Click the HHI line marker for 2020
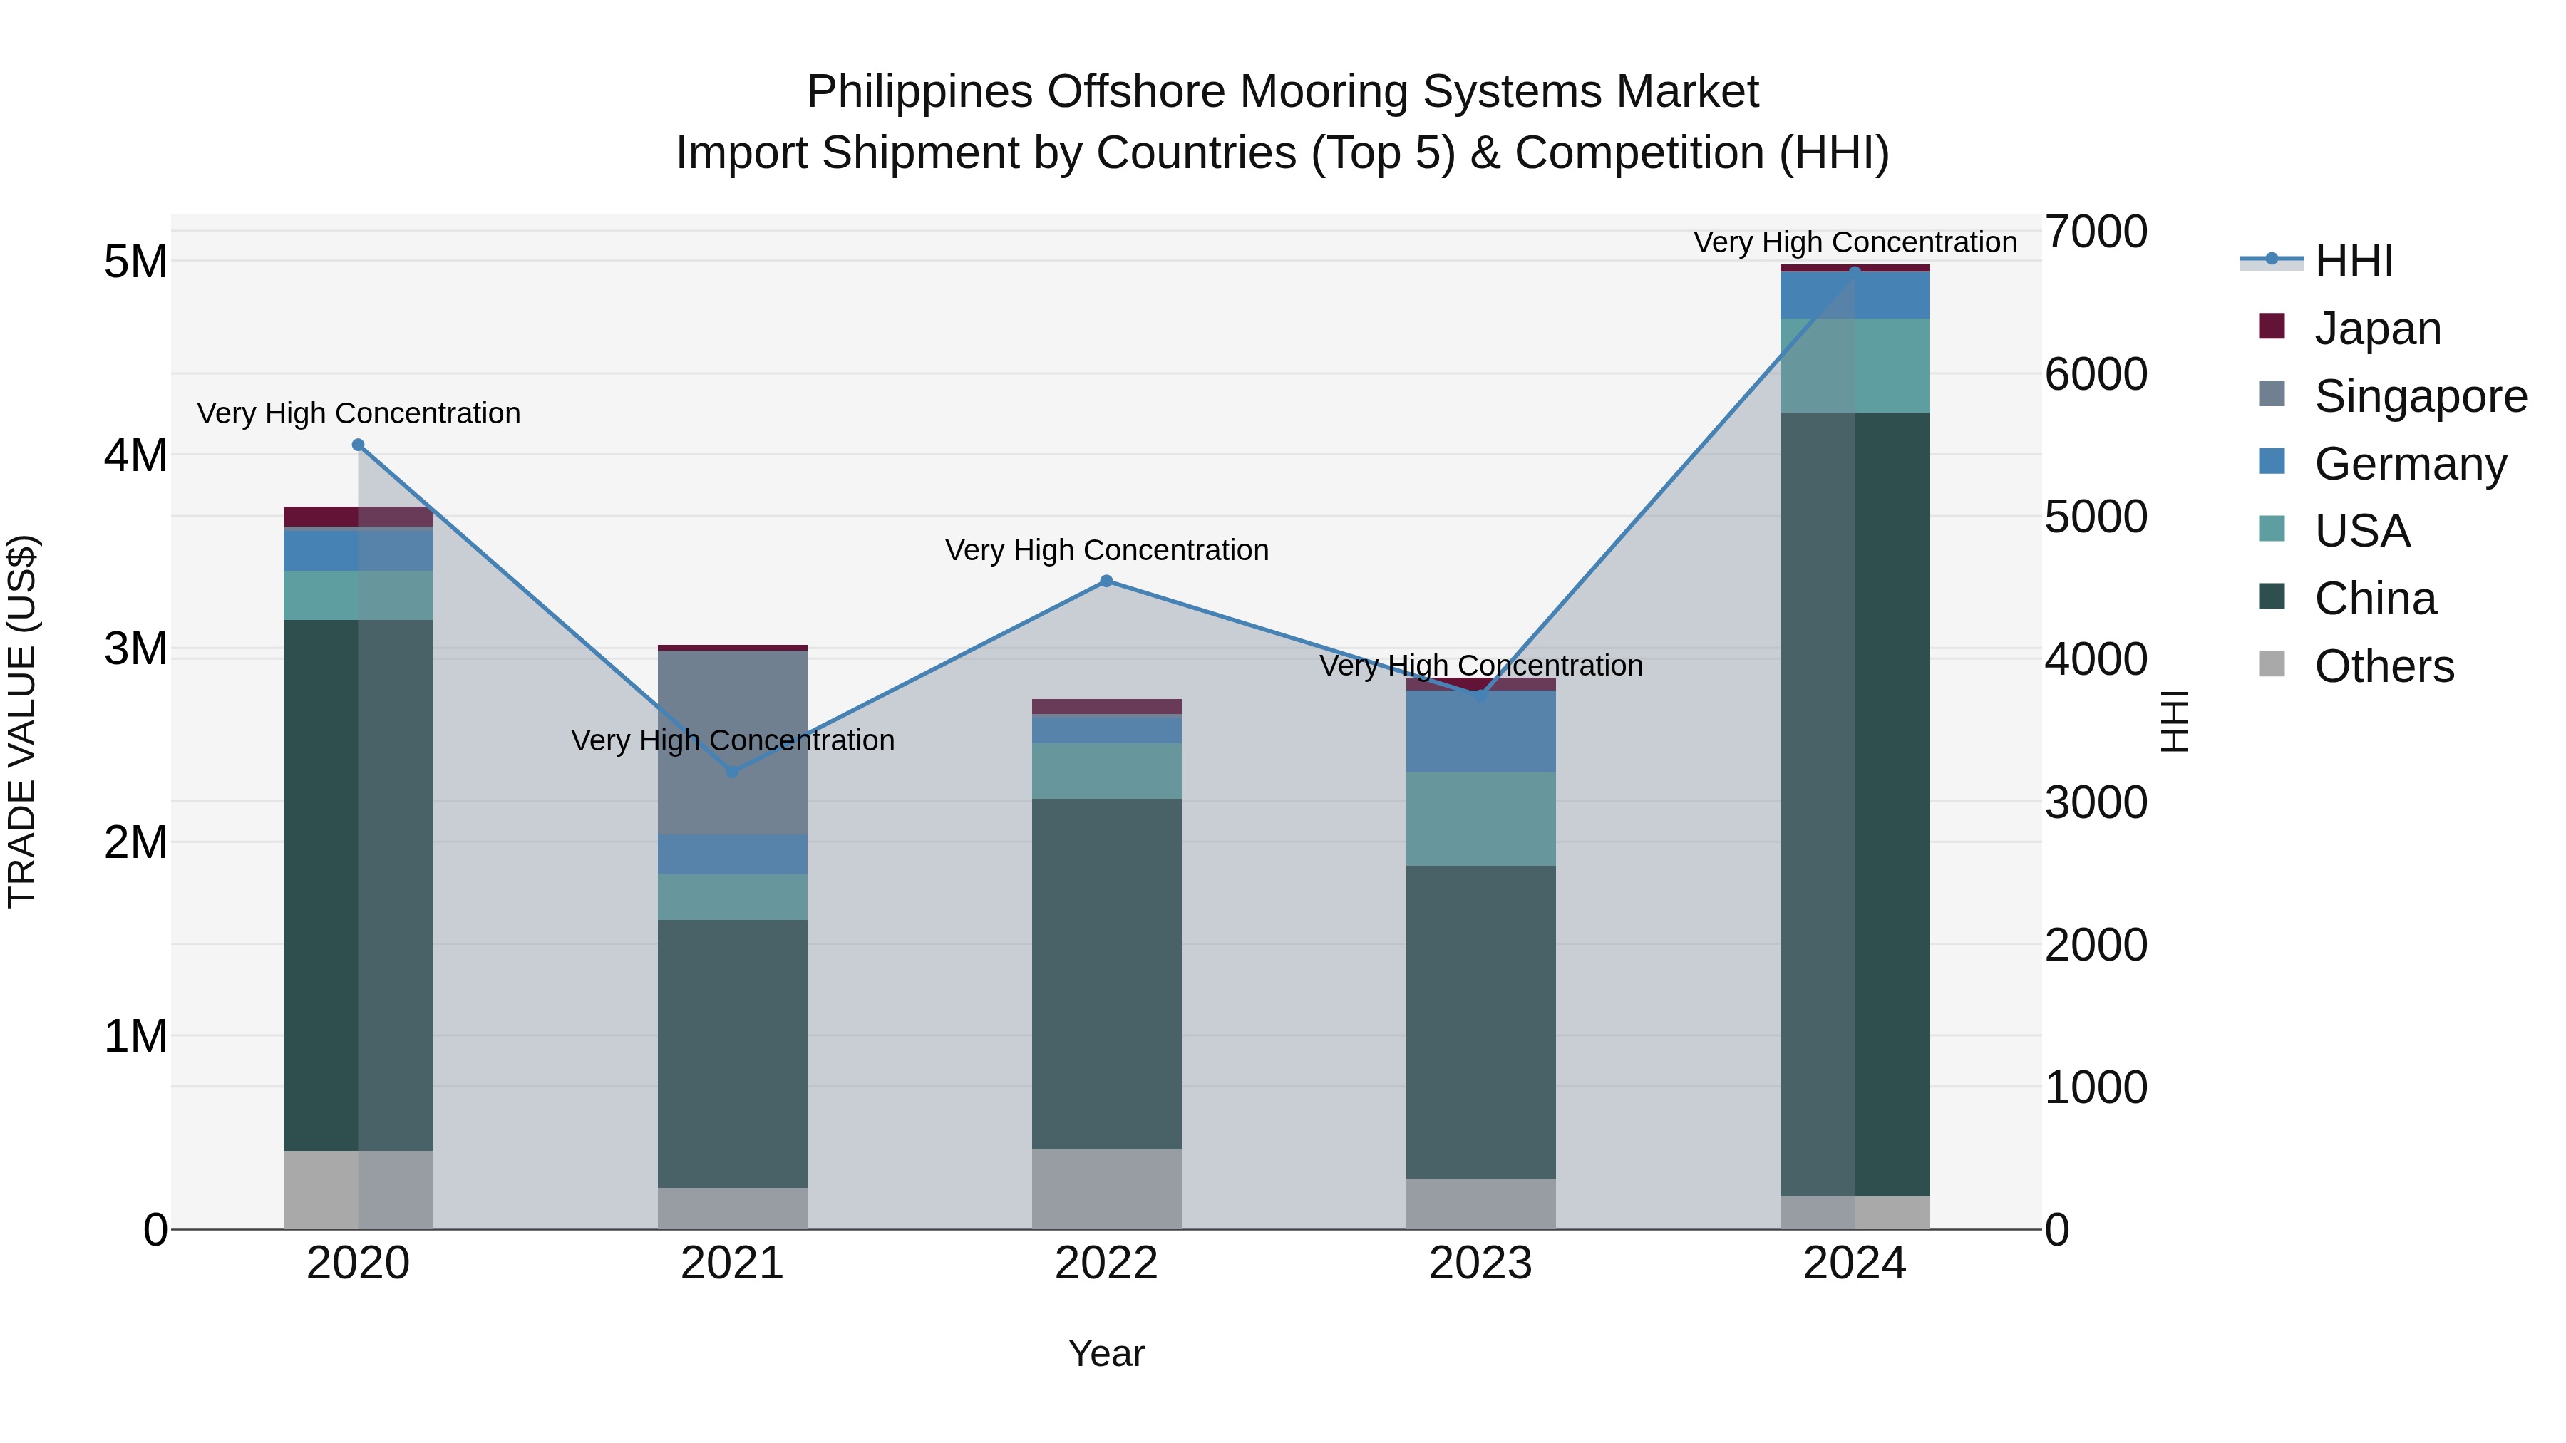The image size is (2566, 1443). pos(359,445)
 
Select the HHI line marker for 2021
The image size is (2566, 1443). pos(733,772)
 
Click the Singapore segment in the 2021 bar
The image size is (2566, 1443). pos(733,742)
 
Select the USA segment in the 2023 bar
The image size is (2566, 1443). pos(1480,819)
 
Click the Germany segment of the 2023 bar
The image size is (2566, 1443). pos(1480,732)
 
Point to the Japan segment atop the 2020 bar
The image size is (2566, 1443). pos(359,516)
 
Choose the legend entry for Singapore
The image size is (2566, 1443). pos(2420,396)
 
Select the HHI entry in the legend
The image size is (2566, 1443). pos(2353,261)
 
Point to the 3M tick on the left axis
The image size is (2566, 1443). pos(135,649)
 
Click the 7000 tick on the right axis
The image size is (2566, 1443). pos(2096,232)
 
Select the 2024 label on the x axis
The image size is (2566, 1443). pos(1854,1263)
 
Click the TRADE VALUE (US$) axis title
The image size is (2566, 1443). pos(22,721)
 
